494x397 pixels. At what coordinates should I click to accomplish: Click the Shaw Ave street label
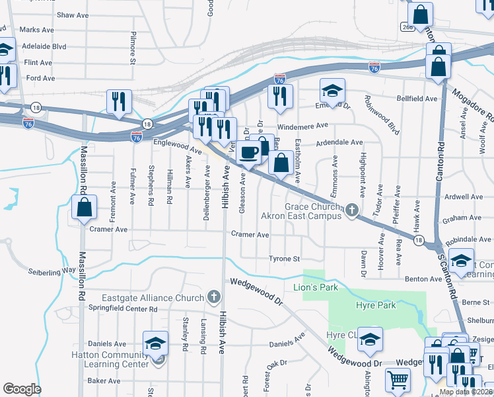coord(73,15)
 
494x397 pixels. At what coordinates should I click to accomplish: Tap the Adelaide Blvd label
coord(44,47)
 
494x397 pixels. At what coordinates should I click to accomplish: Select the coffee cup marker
coord(248,153)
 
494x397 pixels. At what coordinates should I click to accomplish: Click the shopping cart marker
coord(398,380)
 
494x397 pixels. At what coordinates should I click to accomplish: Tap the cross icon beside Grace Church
coord(352,211)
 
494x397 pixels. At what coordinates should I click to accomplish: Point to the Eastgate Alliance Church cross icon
coord(213,298)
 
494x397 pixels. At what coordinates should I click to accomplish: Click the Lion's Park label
coord(316,287)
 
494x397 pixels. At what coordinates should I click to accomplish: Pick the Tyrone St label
coord(284,259)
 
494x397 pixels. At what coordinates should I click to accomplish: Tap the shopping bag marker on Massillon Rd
coord(85,207)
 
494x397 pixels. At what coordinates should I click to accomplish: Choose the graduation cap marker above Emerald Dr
coord(333,89)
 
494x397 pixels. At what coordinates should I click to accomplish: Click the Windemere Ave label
coord(303,125)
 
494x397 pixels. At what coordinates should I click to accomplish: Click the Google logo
coord(22,389)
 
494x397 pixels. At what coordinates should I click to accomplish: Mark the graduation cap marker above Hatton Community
coord(155,343)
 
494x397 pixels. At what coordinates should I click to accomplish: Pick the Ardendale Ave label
coord(339,142)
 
